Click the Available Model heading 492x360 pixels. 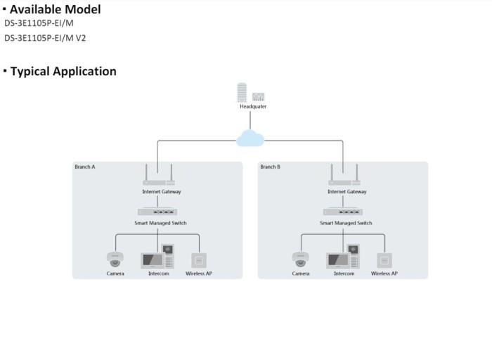click(55, 9)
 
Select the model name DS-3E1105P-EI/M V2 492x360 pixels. click(46, 39)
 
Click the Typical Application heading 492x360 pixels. click(63, 71)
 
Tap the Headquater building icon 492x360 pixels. click(250, 93)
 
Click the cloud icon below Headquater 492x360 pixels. click(250, 138)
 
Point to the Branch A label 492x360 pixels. click(85, 167)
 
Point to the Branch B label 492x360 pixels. click(271, 167)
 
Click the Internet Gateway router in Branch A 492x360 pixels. click(161, 177)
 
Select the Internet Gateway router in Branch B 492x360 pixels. click(347, 177)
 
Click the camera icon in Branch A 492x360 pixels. click(115, 259)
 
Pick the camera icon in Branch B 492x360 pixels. click(301, 259)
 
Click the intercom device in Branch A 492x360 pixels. click(158, 257)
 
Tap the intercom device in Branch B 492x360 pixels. click(344, 257)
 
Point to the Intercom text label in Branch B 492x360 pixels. click(344, 274)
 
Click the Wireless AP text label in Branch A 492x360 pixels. click(199, 274)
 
